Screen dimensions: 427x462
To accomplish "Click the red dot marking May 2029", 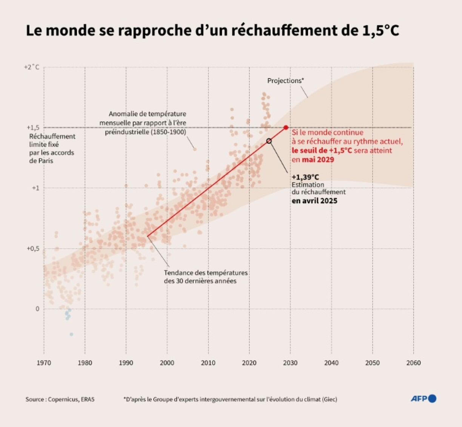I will (x=286, y=127).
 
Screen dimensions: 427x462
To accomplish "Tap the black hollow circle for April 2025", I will (x=269, y=141).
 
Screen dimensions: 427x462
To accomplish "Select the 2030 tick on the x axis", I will (x=290, y=363).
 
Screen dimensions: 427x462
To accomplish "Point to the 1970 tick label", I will (x=44, y=363).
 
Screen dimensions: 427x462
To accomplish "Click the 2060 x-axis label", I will (x=413, y=363).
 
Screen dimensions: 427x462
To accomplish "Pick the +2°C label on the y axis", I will (x=32, y=67).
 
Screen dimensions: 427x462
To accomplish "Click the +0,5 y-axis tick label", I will (x=33, y=249).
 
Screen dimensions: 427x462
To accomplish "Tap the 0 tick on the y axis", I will (x=37, y=309).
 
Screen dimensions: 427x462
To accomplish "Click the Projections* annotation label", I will (x=285, y=81).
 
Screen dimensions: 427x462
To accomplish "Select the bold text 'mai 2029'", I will (x=318, y=160).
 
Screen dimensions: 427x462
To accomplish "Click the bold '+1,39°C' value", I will (x=305, y=177).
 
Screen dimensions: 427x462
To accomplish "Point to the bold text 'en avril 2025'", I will (x=314, y=201).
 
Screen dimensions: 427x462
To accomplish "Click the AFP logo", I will (x=423, y=399).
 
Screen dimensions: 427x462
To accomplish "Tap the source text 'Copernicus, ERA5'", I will (x=71, y=399).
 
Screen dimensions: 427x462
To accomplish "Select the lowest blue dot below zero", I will (x=71, y=335).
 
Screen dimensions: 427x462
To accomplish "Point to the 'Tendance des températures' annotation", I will (x=206, y=273).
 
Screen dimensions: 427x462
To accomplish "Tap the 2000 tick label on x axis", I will (x=167, y=363).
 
